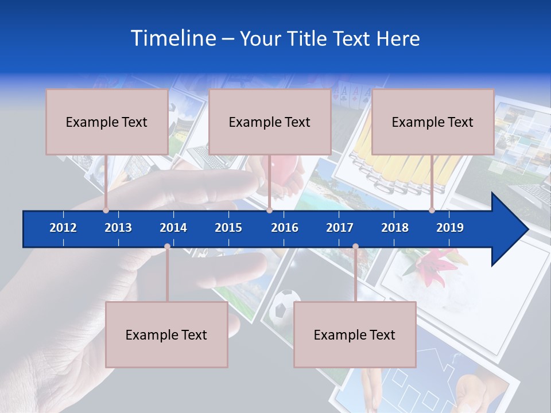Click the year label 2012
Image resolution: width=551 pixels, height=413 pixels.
63,228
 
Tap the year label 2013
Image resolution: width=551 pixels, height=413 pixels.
118,228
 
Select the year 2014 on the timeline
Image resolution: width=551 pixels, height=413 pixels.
173,228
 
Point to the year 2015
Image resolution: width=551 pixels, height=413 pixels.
228,228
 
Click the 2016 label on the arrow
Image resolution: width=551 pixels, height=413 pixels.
285,228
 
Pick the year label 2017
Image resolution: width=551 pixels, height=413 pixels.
340,228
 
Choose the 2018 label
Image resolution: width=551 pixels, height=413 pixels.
395,228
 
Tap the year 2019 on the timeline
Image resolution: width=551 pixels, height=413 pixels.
450,228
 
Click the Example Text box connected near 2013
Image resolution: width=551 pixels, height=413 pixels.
107,122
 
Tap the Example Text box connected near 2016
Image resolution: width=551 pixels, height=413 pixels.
270,122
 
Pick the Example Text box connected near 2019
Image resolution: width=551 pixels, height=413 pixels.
433,122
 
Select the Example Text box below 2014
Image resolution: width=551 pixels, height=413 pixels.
166,335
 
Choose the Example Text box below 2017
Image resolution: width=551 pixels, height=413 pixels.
355,335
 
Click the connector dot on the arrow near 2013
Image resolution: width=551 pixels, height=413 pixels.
106,211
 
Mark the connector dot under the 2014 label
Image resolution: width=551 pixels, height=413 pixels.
167,247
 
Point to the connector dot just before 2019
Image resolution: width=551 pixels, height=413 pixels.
432,211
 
